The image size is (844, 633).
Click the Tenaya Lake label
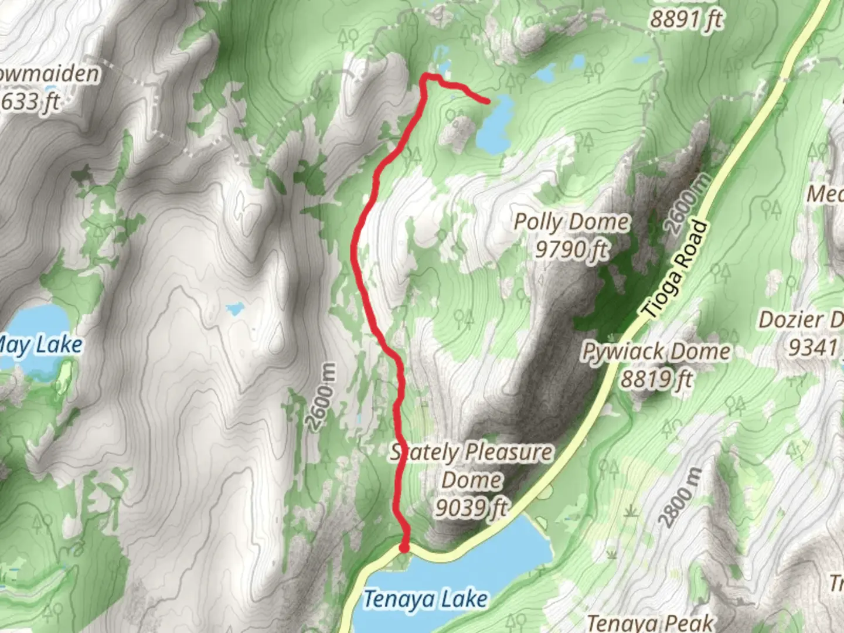(426, 599)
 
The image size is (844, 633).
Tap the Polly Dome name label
(571, 222)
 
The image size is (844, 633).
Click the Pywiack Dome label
(656, 352)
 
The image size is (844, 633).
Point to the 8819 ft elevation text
(656, 379)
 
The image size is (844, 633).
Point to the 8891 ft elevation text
(686, 20)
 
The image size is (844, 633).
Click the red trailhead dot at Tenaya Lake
(404, 547)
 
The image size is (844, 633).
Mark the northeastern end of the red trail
(487, 101)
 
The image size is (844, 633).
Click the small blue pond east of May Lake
(235, 308)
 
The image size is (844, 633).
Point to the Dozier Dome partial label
(801, 320)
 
